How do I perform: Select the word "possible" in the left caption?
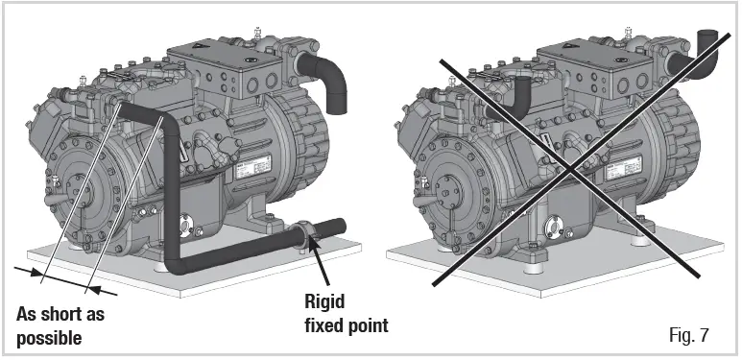[49, 339]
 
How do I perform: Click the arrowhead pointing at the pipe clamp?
[312, 250]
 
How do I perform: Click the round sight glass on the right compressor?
[555, 227]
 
